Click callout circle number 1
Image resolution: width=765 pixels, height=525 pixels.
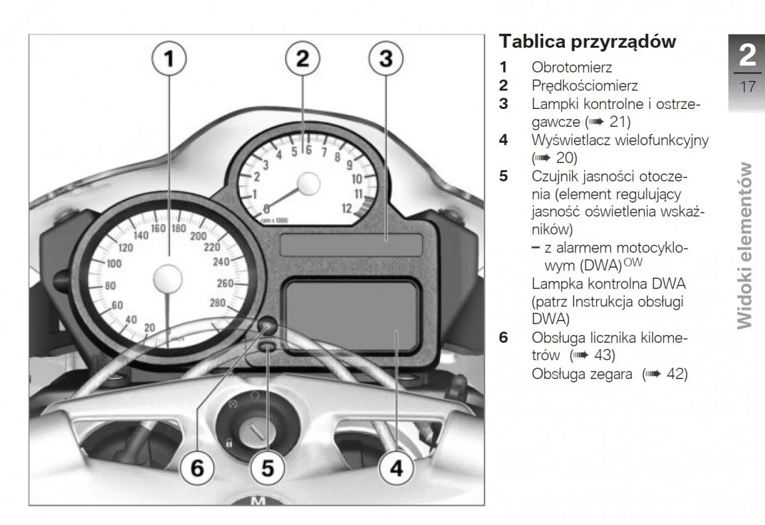coord(169,60)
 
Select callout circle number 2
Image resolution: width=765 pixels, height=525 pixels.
coord(303,58)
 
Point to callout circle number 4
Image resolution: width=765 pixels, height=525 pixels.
coord(396,469)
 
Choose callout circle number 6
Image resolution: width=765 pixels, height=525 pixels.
coord(198,469)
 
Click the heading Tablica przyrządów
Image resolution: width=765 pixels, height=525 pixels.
coord(587,41)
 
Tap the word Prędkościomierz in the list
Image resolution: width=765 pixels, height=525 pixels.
coord(585,85)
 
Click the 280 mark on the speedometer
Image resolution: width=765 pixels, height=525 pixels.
coord(217,303)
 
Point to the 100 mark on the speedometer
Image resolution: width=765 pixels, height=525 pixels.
coord(114,264)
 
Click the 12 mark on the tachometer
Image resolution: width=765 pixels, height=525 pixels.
coord(347,208)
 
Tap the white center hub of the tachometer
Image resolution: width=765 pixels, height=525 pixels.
coord(307,183)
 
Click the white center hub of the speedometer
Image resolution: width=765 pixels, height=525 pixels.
coord(169,278)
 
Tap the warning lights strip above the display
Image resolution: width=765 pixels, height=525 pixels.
coord(351,244)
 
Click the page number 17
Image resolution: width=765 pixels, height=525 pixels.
coord(747,87)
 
